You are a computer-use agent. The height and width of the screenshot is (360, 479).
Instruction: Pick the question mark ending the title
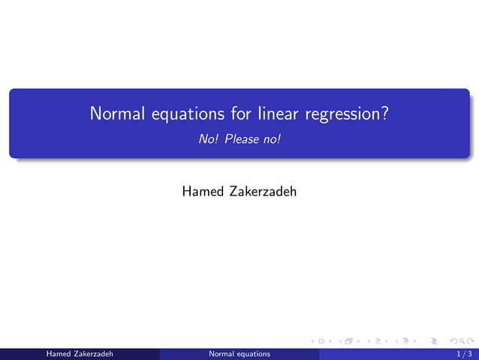click(384, 114)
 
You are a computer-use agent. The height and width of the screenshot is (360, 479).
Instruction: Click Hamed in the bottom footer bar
click(59, 353)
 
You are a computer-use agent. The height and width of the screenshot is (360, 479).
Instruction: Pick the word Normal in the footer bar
click(223, 353)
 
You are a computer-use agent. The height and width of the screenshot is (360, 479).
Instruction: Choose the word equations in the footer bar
click(254, 353)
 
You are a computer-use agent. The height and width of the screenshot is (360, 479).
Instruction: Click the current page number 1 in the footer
click(459, 353)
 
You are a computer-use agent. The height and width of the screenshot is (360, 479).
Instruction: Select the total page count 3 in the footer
click(470, 353)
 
